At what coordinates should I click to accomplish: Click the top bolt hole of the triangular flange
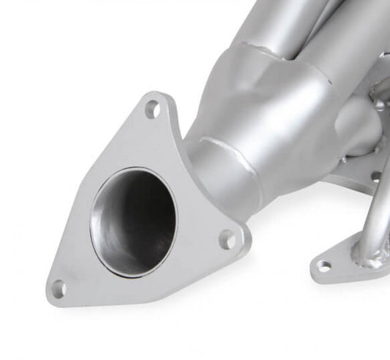(153, 111)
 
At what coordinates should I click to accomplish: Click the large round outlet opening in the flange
(134, 212)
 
